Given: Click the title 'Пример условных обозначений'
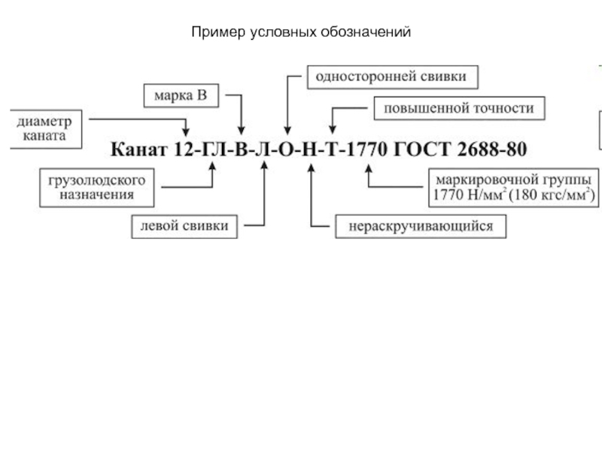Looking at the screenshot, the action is tap(301, 32).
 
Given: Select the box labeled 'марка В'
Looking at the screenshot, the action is tap(181, 95).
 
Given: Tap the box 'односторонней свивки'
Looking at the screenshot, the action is tap(392, 77).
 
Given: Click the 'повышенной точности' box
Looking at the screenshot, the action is tap(459, 108).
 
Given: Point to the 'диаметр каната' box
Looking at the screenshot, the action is tap(46, 129).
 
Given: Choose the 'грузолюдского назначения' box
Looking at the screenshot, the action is tap(97, 187).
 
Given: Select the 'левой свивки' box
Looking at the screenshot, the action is tap(184, 227).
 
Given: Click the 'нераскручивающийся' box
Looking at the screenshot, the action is tap(421, 226).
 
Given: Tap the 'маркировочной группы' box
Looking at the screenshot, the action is tap(514, 187).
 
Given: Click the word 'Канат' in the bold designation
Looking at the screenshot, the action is tap(139, 149).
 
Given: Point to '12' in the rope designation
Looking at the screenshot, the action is tap(184, 149).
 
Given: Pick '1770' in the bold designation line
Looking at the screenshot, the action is tap(367, 149).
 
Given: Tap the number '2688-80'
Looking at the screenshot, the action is tap(492, 149).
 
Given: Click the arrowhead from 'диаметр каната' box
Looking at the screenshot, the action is tap(186, 132).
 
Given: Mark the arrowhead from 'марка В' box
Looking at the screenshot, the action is tap(241, 130).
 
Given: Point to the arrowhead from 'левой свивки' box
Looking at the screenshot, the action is tap(264, 165).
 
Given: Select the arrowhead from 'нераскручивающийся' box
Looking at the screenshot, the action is tap(312, 168).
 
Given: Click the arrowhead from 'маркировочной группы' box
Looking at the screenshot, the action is tap(369, 169).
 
